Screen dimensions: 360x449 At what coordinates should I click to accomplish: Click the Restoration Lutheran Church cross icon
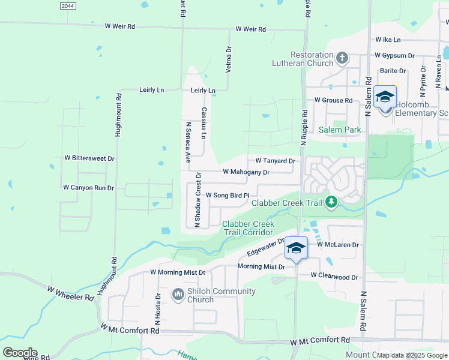pyautogui.click(x=342, y=58)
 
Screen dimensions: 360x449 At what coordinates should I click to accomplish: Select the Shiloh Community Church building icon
pyautogui.click(x=178, y=295)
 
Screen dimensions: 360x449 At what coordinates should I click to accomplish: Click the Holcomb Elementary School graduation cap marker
pyautogui.click(x=384, y=97)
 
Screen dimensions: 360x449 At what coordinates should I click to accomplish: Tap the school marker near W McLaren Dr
pyautogui.click(x=296, y=248)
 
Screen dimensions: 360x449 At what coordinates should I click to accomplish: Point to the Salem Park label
pyautogui.click(x=340, y=130)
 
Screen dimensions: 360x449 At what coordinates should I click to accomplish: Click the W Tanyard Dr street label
pyautogui.click(x=275, y=161)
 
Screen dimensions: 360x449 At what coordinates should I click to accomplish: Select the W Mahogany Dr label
pyautogui.click(x=246, y=172)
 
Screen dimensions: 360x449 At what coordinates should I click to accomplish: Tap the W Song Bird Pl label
pyautogui.click(x=227, y=196)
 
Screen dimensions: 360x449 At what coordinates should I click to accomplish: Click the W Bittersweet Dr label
pyautogui.click(x=89, y=158)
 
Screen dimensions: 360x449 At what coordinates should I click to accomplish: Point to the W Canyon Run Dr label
pyautogui.click(x=88, y=188)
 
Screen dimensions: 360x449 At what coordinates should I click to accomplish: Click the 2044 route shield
pyautogui.click(x=68, y=5)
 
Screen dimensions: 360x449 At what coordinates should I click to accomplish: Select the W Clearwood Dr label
pyautogui.click(x=334, y=277)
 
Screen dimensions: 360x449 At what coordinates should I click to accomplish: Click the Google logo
pyautogui.click(x=20, y=353)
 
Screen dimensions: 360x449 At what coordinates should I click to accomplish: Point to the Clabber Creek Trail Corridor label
pyautogui.click(x=248, y=228)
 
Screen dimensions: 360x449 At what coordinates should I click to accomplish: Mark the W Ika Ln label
pyautogui.click(x=388, y=40)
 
